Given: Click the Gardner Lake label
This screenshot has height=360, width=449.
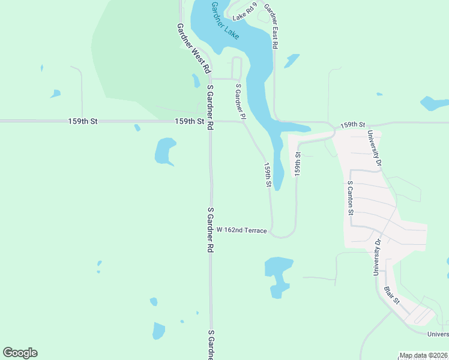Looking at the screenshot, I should [x=225, y=21].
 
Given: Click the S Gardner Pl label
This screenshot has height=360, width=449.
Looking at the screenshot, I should [x=240, y=101].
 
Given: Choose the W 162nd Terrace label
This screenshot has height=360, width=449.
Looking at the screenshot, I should [x=241, y=230].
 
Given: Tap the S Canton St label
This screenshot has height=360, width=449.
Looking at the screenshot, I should [x=350, y=198].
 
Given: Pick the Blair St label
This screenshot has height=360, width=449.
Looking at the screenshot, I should [x=392, y=295].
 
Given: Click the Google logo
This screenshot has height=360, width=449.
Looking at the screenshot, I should [x=20, y=353].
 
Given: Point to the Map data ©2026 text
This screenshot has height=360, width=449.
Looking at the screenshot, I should [x=423, y=355].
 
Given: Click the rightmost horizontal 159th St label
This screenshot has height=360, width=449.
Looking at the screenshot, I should [x=352, y=125].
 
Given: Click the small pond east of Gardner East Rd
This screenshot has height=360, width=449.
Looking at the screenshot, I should [x=292, y=61].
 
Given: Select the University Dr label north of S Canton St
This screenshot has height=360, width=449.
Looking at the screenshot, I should [x=375, y=148].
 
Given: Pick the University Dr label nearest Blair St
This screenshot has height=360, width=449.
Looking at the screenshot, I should [x=378, y=257].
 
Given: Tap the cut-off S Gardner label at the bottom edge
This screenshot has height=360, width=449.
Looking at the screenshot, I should [x=211, y=344].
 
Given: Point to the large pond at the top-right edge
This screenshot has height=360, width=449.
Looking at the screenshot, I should [x=434, y=103].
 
